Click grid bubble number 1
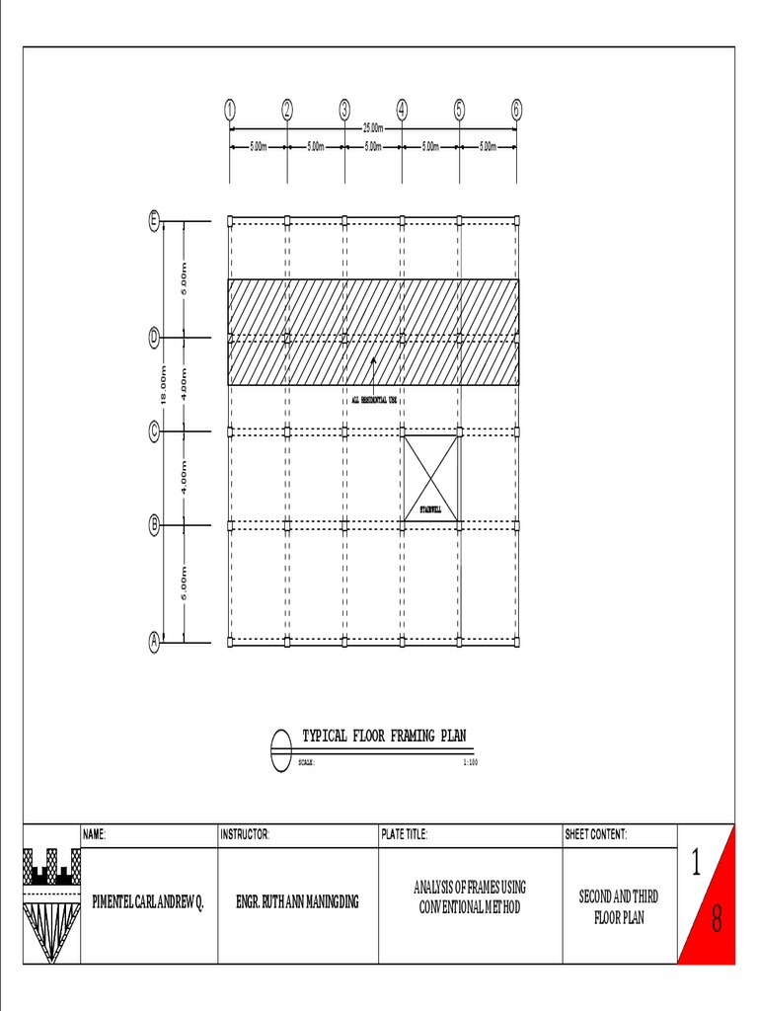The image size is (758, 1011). (x=230, y=110)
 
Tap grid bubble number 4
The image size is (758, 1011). (x=403, y=110)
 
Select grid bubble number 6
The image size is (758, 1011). (x=517, y=110)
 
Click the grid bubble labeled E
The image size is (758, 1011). (x=154, y=221)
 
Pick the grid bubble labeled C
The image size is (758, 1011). (x=154, y=431)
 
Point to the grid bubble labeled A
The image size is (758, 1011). (x=154, y=643)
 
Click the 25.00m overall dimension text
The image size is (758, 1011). (x=373, y=128)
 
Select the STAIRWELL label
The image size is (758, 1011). (x=430, y=509)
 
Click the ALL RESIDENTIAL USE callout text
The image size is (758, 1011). (x=374, y=400)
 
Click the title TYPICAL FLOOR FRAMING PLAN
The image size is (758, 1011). (x=384, y=737)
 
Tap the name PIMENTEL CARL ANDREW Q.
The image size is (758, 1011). (x=148, y=902)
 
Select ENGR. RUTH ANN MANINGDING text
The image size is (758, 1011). (x=297, y=902)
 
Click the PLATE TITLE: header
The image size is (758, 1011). (x=405, y=835)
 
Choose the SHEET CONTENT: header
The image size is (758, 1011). (x=595, y=835)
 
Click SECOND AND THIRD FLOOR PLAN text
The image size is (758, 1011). (x=619, y=907)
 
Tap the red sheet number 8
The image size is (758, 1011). (x=717, y=922)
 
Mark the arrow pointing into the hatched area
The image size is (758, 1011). (x=373, y=366)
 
